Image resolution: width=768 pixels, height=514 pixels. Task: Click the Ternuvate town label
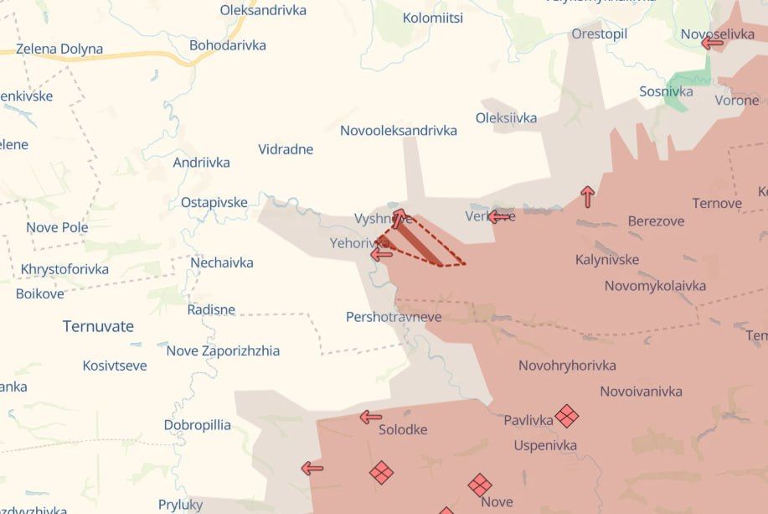98,327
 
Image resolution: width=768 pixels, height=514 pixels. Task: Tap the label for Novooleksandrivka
399,131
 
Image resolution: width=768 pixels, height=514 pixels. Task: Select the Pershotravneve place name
394,318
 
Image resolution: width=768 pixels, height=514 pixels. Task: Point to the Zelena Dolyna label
59,49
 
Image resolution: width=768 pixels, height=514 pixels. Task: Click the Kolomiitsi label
433,18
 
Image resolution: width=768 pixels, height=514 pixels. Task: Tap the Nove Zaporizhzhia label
223,351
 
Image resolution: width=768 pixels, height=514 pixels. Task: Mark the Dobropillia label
197,425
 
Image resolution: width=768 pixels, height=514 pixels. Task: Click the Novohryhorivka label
567,366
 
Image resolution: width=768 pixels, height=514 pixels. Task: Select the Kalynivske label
607,260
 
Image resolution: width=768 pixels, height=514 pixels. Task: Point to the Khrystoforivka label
64,270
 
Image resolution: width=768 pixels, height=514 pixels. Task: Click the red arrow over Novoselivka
712,42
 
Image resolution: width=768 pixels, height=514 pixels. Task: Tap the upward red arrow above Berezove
588,197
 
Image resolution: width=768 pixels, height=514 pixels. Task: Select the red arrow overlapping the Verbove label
499,217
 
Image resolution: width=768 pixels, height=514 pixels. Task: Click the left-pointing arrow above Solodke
370,417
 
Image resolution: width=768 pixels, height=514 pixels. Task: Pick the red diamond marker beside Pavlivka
567,415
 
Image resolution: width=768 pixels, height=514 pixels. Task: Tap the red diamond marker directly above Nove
480,485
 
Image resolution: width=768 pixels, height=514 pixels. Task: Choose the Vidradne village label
286,150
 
